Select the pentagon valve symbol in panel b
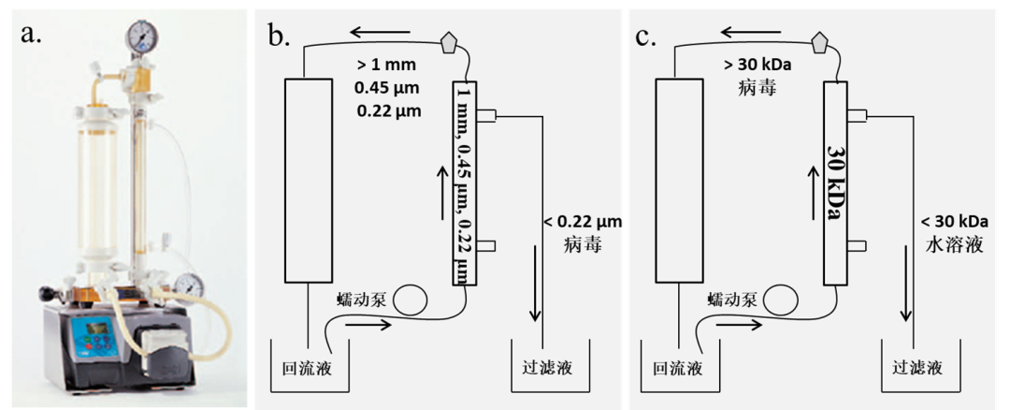tap(452, 42)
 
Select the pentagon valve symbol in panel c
tap(821, 42)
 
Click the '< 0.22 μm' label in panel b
tap(583, 223)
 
